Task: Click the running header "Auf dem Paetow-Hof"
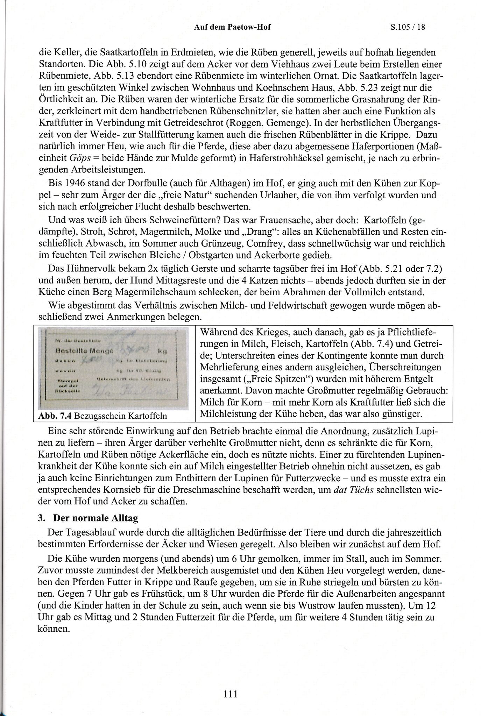(x=232, y=27)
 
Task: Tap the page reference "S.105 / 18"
(x=408, y=27)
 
